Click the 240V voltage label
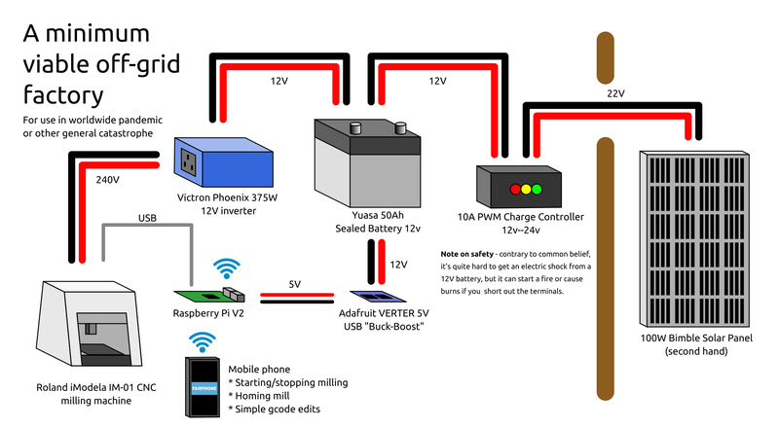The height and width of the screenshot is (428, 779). tap(107, 180)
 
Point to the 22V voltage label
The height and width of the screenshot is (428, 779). tap(615, 93)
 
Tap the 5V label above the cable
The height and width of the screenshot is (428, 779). tap(295, 284)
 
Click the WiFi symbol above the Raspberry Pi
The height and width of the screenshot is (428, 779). tap(228, 268)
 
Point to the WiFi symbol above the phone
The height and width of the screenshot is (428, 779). tap(203, 341)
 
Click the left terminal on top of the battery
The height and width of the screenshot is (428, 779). tap(356, 125)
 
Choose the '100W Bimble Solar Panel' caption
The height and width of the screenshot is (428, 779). tap(696, 338)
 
